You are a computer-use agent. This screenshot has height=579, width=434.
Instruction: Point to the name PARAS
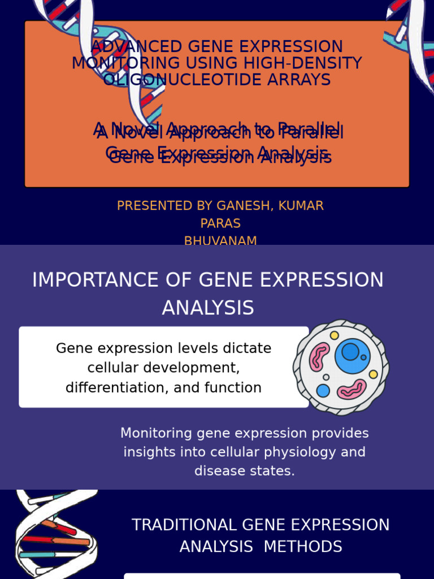pyautogui.click(x=220, y=223)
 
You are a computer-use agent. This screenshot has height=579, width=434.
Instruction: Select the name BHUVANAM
pyautogui.click(x=220, y=241)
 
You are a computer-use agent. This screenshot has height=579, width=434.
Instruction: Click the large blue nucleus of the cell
pyautogui.click(x=353, y=356)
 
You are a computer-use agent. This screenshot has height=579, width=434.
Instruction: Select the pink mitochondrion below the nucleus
pyautogui.click(x=351, y=389)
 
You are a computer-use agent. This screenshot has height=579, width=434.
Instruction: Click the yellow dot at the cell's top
pyautogui.click(x=335, y=335)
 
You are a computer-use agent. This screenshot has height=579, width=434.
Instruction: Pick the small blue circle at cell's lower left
pyautogui.click(x=323, y=391)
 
